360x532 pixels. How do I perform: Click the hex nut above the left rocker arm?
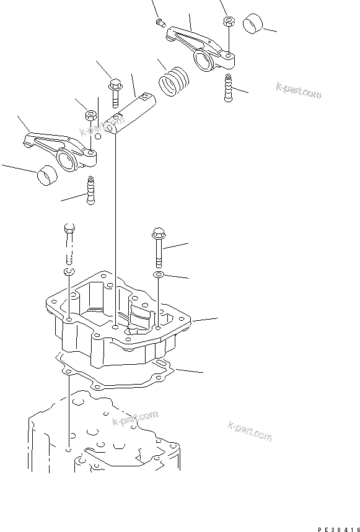click(x=88, y=115)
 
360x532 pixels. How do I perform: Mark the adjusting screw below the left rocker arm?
click(x=91, y=190)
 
